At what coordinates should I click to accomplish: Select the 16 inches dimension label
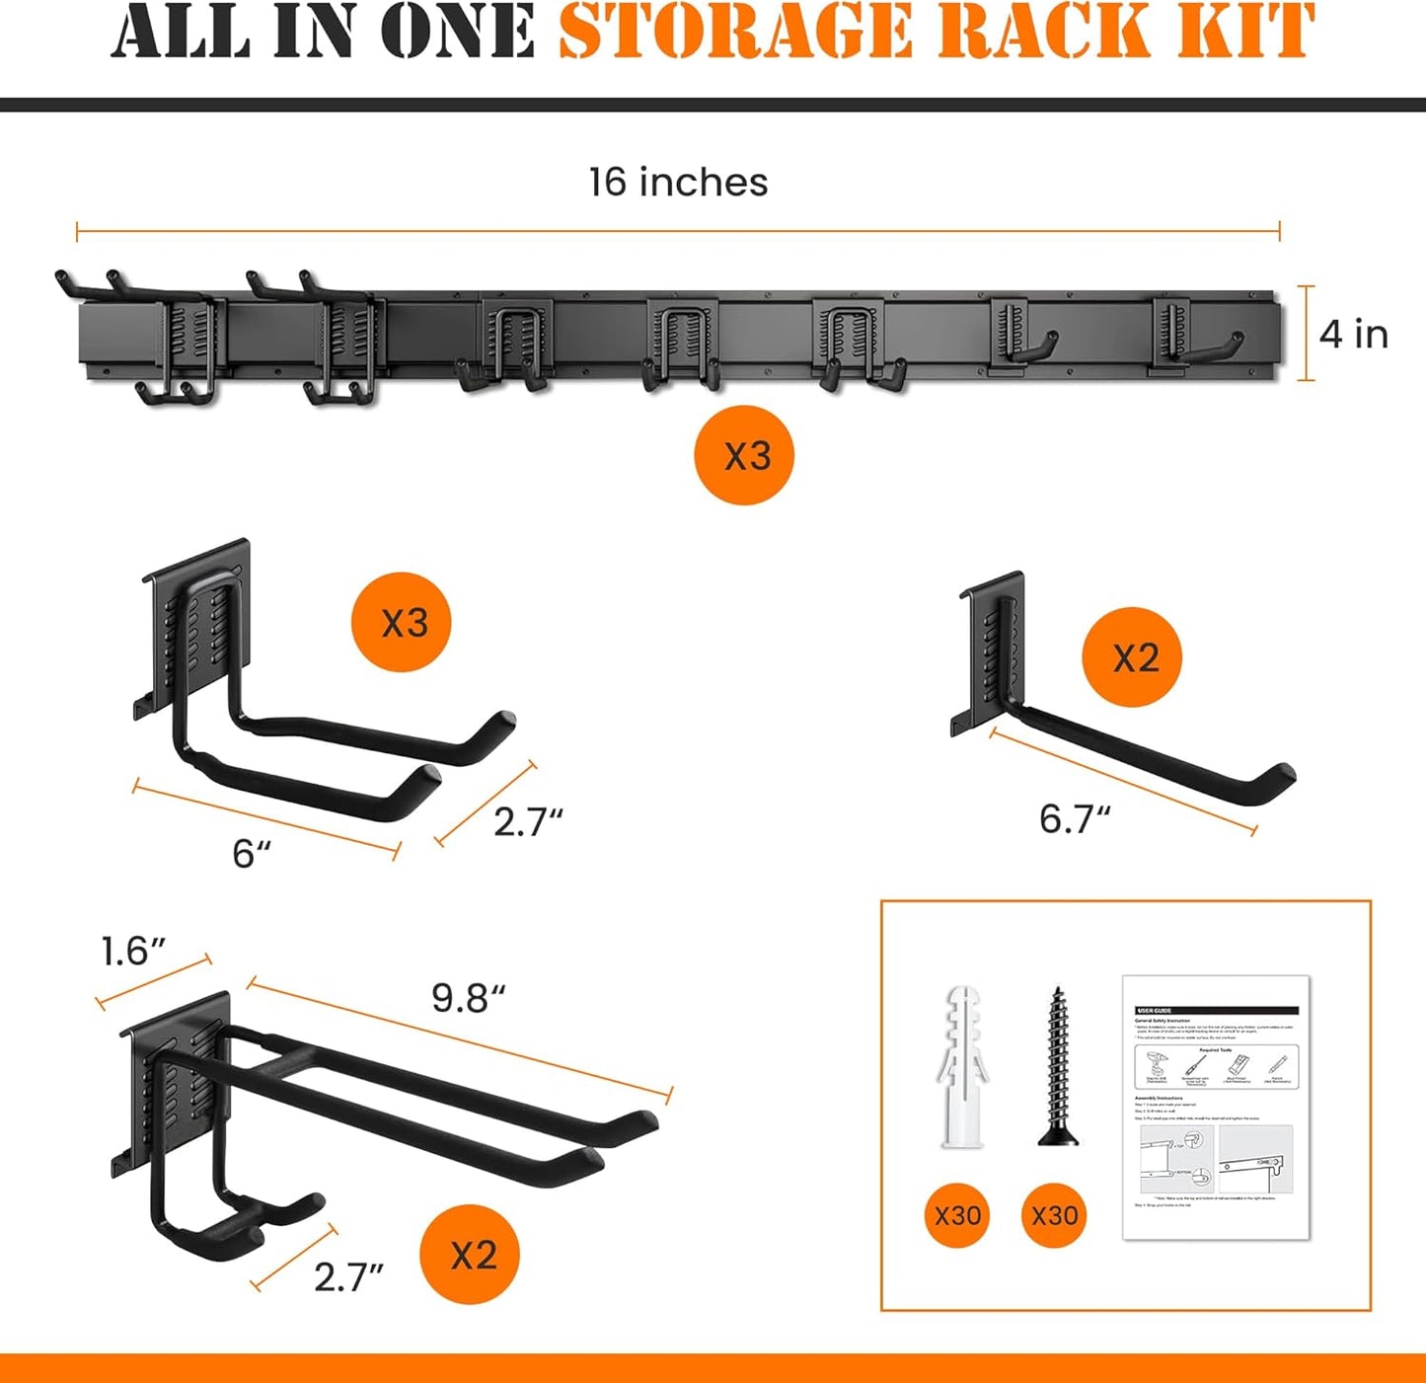(678, 183)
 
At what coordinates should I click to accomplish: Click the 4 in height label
(1353, 334)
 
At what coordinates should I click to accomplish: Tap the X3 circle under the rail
(745, 456)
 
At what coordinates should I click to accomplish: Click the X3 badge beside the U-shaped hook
(402, 623)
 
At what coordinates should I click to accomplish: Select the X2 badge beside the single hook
(1133, 657)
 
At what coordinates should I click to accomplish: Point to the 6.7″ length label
(1074, 819)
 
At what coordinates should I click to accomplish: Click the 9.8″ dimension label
(468, 999)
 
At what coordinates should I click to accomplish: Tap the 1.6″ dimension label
(132, 952)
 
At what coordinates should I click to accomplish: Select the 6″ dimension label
(251, 855)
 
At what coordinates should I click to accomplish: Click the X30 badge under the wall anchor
(957, 1215)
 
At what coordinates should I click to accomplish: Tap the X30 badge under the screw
(1055, 1215)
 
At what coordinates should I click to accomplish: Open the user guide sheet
(1216, 1106)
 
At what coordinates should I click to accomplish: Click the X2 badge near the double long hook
(472, 1255)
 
